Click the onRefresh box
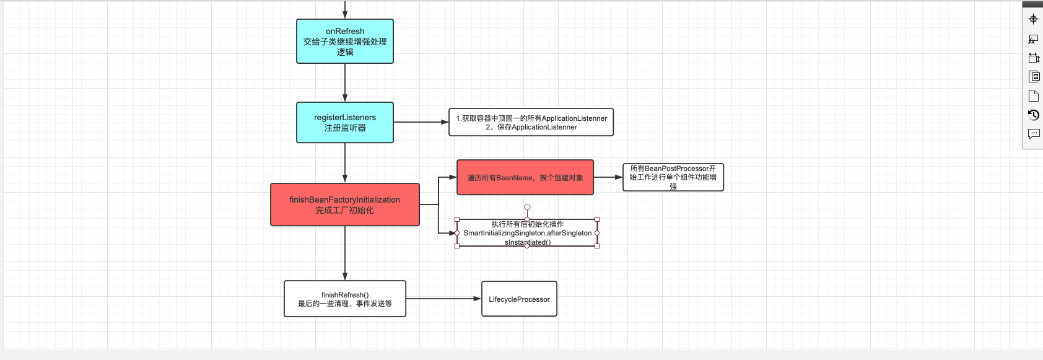pyautogui.click(x=345, y=42)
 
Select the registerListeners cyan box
pyautogui.click(x=345, y=122)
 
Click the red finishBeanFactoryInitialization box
pyautogui.click(x=345, y=204)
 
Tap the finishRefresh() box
pyautogui.click(x=345, y=299)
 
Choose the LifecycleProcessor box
pyautogui.click(x=519, y=299)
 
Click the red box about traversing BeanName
pyautogui.click(x=525, y=177)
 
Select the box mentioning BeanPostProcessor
pyautogui.click(x=673, y=177)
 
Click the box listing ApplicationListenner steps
pyautogui.click(x=531, y=122)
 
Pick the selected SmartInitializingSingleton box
pyautogui.click(x=527, y=233)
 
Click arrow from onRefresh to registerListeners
pyautogui.click(x=345, y=82)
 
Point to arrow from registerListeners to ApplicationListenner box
pyautogui.click(x=421, y=122)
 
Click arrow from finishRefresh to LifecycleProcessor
pyautogui.click(x=443, y=299)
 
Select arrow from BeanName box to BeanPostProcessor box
pyautogui.click(x=608, y=177)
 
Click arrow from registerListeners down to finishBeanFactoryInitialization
pyautogui.click(x=345, y=163)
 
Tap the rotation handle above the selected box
pyautogui.click(x=527, y=207)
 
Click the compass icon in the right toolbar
pyautogui.click(x=1033, y=19)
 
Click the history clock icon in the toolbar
pyautogui.click(x=1033, y=115)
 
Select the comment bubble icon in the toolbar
pyautogui.click(x=1033, y=133)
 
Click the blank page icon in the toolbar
pyautogui.click(x=1033, y=95)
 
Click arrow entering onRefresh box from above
pyautogui.click(x=345, y=9)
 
